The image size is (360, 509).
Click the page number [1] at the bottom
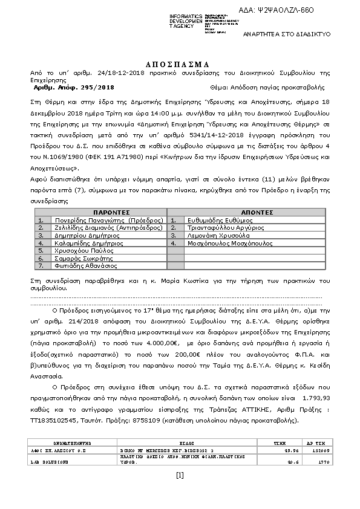click(x=180, y=475)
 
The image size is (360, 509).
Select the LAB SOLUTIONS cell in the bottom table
click(x=50, y=461)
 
